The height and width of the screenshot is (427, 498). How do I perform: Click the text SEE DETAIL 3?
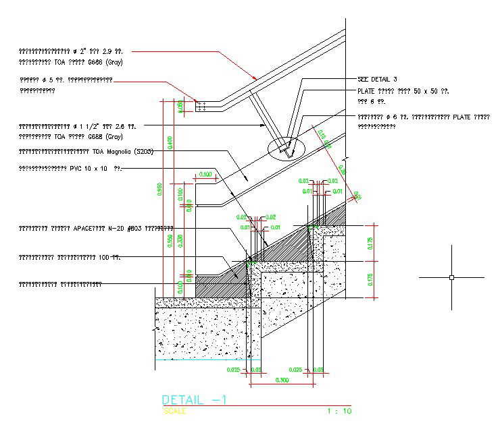click(377, 80)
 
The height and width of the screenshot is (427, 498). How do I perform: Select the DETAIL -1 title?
click(195, 400)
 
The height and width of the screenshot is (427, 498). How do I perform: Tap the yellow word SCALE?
click(174, 411)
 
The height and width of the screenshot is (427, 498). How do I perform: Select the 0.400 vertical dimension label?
click(170, 142)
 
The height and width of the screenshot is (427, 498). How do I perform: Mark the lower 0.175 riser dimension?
click(370, 280)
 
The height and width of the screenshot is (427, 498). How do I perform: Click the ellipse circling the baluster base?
click(286, 148)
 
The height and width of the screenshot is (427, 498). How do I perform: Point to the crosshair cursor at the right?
click(451, 277)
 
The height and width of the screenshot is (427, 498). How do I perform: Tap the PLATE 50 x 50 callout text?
click(403, 91)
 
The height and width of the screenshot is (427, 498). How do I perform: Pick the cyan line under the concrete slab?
click(203, 360)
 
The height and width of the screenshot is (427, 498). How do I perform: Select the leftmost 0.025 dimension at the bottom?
click(232, 370)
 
